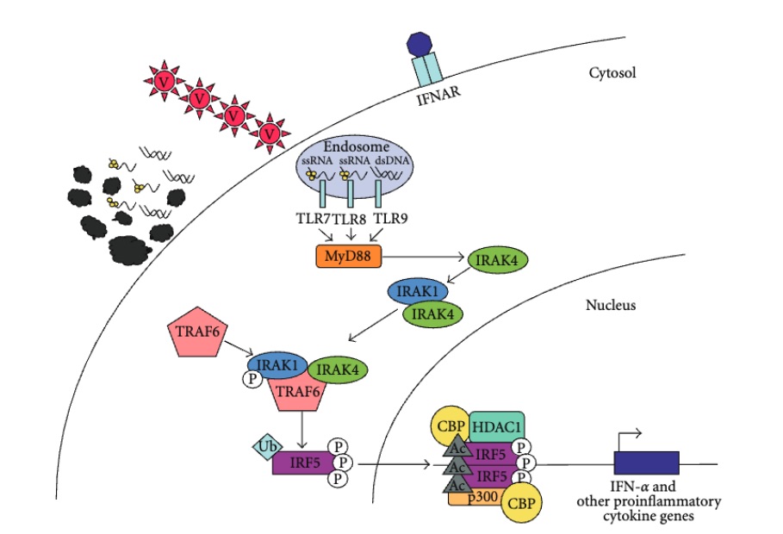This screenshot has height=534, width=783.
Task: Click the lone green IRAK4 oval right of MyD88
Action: click(x=497, y=258)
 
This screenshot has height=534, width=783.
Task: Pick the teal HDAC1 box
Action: click(x=496, y=426)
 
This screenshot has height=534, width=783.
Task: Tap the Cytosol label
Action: click(x=611, y=73)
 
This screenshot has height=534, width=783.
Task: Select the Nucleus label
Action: click(x=610, y=305)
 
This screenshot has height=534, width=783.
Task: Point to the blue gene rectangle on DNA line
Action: click(x=646, y=464)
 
